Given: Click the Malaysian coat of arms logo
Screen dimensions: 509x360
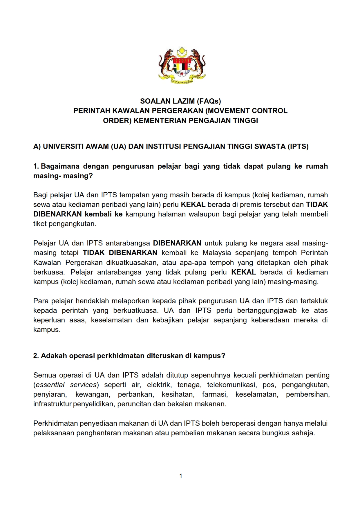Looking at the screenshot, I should coord(182,65).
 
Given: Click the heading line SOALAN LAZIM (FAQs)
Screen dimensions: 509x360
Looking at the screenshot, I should coord(180,101).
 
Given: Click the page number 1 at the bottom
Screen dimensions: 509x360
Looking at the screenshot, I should coord(181,476).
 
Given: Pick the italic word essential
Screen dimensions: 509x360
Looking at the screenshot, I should coord(50,385).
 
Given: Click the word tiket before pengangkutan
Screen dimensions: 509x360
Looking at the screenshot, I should coord(40,224).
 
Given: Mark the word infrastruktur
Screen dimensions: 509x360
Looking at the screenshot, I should coord(52,404).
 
